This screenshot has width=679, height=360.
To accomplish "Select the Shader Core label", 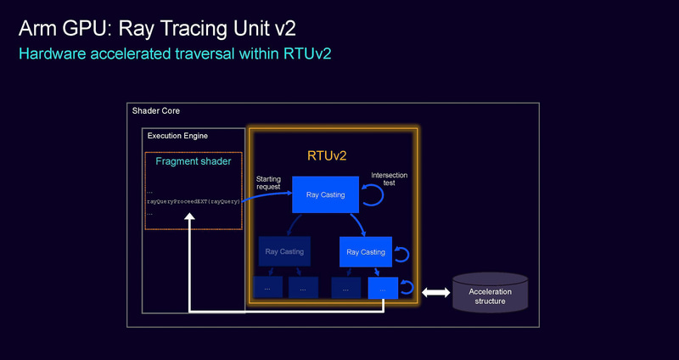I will pos(156,111).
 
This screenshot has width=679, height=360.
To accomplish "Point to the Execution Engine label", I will pos(177,136).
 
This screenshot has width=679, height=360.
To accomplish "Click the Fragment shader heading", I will pos(194,161).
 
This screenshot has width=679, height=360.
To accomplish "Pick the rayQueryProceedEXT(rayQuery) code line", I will pos(193,202).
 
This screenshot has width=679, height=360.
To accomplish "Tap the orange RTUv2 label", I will pos(327,156).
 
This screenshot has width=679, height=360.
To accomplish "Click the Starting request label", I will pos(268,183).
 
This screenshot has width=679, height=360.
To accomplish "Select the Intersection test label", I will pos(390,179).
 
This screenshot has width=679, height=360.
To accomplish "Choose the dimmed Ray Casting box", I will pos(283,252).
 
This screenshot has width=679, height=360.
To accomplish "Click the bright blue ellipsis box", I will pos(383,289).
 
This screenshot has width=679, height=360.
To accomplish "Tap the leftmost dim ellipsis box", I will pos(267,289).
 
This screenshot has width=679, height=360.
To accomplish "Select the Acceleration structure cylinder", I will pos(490,292).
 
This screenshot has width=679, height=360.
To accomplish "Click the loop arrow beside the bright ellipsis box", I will pos(407,288).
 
